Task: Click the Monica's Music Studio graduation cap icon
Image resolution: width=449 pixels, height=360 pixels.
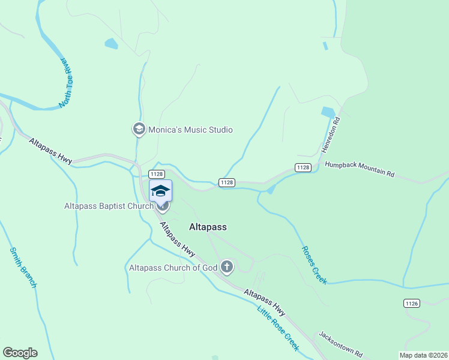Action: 139,129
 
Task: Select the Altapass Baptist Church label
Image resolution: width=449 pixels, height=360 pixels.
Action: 109,206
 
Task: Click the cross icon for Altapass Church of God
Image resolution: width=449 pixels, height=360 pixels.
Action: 226,266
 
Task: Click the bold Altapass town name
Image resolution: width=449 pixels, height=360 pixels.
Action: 208,227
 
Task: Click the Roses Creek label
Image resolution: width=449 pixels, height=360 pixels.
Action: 314,265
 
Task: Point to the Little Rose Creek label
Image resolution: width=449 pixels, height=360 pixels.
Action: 277,328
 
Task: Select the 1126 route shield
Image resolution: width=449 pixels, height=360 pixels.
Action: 411,304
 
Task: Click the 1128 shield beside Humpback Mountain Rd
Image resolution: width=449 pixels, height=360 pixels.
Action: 303,167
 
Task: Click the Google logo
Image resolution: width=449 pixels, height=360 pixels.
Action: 20,353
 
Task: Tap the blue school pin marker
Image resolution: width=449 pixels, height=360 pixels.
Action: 160,191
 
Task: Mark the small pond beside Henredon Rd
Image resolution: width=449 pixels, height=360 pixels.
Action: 328,112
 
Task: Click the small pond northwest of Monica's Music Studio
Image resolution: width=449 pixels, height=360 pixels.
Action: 111,43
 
